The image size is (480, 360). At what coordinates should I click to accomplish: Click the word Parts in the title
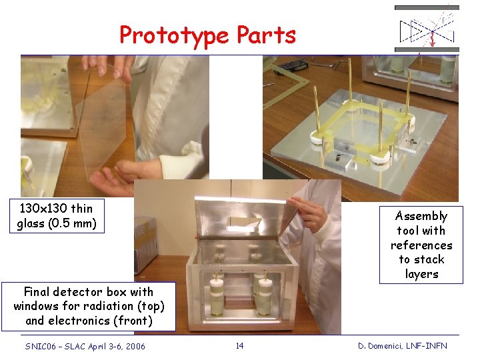(x=266, y=34)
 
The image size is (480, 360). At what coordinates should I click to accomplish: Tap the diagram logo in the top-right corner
(x=427, y=29)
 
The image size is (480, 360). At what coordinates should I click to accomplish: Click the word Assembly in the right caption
(x=421, y=217)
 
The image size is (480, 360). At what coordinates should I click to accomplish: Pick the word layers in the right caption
(x=421, y=274)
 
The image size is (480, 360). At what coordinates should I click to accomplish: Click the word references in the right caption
(x=421, y=245)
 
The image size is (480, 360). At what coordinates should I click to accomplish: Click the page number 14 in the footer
(x=240, y=345)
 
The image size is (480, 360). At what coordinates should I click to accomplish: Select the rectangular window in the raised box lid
(x=243, y=223)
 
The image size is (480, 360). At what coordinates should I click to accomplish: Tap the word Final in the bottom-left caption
(x=37, y=291)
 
